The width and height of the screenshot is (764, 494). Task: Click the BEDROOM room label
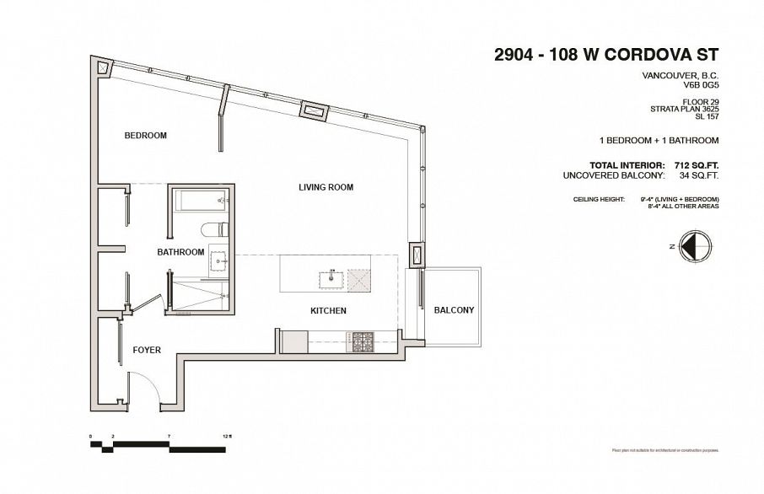pos(145,136)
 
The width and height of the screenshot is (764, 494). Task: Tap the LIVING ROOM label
pos(325,187)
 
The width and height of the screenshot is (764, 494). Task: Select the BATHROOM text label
pos(180,252)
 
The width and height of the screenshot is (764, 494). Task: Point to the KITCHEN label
pos(329,311)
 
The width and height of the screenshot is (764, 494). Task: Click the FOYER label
pos(146,349)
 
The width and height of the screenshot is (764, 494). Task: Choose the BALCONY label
pos(454,310)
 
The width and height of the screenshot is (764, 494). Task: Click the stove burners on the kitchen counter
pos(363,341)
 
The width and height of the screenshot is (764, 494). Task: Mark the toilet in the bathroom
pos(212,229)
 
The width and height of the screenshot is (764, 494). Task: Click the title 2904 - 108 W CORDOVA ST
pos(605,56)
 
